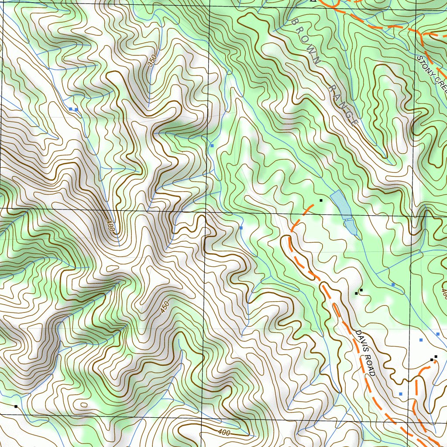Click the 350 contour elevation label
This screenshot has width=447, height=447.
tap(151, 61)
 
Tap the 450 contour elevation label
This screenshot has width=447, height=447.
tap(164, 306)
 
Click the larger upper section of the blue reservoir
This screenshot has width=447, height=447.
tap(341, 204)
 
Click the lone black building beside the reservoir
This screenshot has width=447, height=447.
tap(321, 200)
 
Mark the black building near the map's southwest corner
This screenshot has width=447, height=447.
tap(16, 406)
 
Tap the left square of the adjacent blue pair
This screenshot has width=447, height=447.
tap(70, 109)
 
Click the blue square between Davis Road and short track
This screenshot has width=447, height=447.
tap(400, 394)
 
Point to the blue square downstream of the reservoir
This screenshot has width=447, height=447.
tap(393, 285)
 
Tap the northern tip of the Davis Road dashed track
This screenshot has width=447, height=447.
tap(313, 204)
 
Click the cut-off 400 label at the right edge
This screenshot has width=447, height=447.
tap(444, 293)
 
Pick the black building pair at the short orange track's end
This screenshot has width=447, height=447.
tap(433, 358)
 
